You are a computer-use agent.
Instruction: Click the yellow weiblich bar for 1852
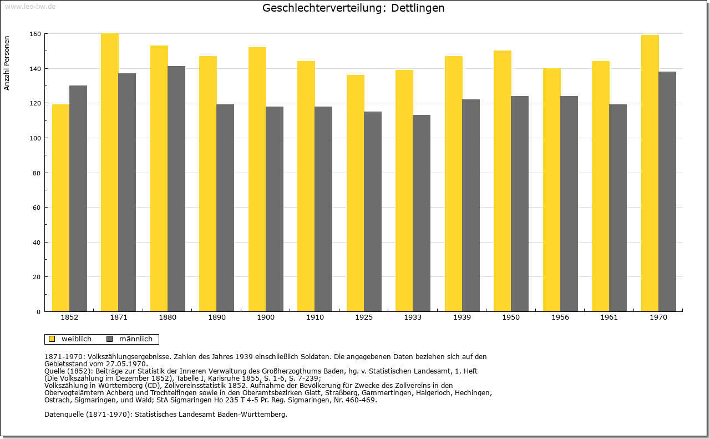pos(60,208)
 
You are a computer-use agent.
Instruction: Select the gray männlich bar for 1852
pos(78,199)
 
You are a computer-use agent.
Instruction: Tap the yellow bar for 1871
pos(110,173)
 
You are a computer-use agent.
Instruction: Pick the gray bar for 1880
pos(176,189)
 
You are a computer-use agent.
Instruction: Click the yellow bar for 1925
pos(356,193)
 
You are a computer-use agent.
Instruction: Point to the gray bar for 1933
pos(422,213)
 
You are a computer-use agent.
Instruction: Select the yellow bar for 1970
pos(650,173)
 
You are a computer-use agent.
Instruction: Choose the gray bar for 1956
pos(569,204)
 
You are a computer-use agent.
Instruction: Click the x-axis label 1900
pos(266,317)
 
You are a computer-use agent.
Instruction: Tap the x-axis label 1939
pos(462,317)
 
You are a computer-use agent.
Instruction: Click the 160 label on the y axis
pos(35,34)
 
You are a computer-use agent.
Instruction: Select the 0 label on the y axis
pos(38,312)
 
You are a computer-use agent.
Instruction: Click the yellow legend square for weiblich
pos(52,339)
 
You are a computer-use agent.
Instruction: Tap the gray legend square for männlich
pos(110,339)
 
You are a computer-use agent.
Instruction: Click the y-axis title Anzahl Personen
pos(7,63)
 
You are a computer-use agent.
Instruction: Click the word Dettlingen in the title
pos(418,8)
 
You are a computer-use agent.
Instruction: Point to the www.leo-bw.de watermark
pos(30,7)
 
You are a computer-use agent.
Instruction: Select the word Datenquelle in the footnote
pos(64,415)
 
